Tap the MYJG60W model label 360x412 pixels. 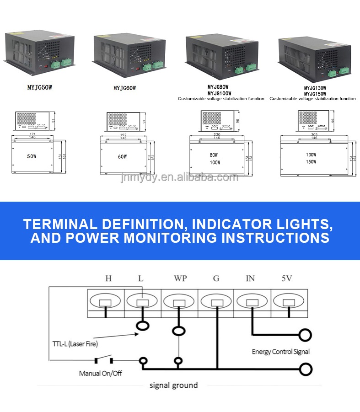point(125,88)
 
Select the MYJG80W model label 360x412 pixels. point(218,86)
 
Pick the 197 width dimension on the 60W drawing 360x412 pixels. point(122,135)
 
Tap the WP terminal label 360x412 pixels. point(180,278)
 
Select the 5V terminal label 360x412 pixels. point(287,278)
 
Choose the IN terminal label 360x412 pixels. point(250,278)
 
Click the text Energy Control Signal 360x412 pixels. point(280,352)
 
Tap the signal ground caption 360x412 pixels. point(174,385)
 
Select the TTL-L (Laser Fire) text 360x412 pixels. point(75,343)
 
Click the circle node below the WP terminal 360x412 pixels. point(178,330)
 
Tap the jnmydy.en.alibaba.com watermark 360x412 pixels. point(179,177)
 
